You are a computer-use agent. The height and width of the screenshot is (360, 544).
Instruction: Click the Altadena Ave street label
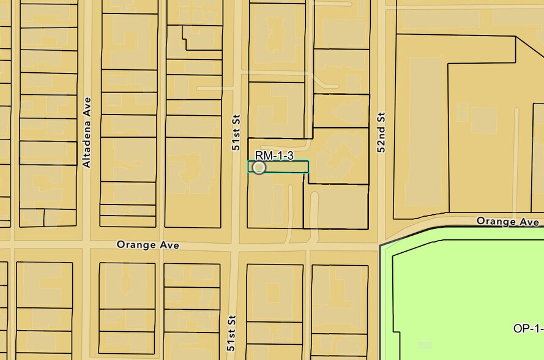pos(87,132)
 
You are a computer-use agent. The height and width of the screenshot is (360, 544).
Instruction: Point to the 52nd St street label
pos(381,132)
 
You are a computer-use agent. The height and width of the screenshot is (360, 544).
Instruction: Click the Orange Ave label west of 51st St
pos(148,245)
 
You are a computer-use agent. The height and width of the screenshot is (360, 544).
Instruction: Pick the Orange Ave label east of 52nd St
pos(507,221)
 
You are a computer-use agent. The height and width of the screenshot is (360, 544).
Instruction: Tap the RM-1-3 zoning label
pos(274,156)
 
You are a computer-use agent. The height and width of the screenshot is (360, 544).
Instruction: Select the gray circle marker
pos(259,167)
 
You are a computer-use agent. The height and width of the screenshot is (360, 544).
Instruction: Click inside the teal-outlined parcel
pos(288,167)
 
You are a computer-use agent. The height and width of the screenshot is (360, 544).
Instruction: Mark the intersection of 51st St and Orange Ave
pos(235,246)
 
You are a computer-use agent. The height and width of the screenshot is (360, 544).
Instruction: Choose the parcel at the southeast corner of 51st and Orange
pos(275,288)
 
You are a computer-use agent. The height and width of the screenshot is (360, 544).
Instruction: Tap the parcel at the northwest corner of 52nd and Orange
pos(338,206)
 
